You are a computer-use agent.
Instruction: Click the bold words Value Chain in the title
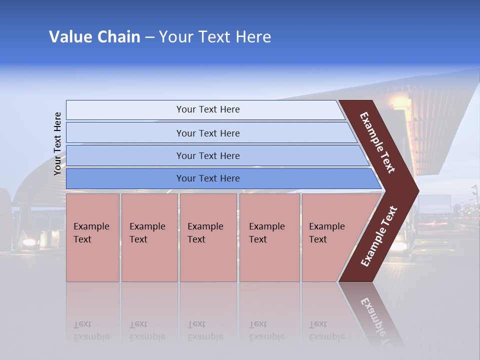[x=94, y=37]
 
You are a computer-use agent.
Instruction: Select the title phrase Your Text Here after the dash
[x=215, y=37]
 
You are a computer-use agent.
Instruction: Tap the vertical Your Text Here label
[x=57, y=143]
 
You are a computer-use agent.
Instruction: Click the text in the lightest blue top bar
[x=208, y=109]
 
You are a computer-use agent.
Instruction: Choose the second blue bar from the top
[x=208, y=133]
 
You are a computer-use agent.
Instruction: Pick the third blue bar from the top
[x=208, y=155]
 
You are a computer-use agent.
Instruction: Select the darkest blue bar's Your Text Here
[x=208, y=178]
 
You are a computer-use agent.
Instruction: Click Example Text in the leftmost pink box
[x=91, y=233]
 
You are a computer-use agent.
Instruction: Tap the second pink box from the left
[x=147, y=233]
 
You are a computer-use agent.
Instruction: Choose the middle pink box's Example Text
[x=205, y=233]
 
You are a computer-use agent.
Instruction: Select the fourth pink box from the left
[x=266, y=233]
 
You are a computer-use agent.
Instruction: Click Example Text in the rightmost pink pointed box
[x=326, y=233]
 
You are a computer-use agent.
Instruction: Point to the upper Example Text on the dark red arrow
[x=377, y=142]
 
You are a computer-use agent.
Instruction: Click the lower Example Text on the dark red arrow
[x=379, y=236]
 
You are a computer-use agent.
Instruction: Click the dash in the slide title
[x=149, y=37]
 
